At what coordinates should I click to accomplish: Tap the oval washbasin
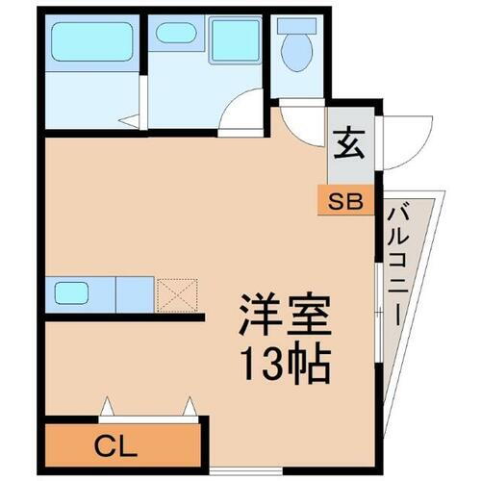point(176,33)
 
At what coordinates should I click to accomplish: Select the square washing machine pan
point(235,42)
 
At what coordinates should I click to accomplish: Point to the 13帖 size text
point(285,364)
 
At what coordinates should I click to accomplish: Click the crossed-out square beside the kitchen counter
point(177,293)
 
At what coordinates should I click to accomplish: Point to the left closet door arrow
point(107,405)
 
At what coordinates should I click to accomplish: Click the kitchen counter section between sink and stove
point(135,292)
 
